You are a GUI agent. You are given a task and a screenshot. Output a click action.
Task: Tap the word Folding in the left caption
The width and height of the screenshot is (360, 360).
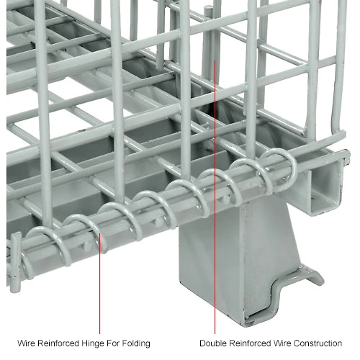click(136, 343)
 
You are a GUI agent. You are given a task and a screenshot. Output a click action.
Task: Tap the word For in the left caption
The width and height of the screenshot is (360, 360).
click(113, 343)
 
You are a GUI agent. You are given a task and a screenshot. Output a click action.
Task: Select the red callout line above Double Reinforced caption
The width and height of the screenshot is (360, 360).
click(215, 197)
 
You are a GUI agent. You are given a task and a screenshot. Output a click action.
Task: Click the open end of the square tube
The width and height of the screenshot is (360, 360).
click(325, 186)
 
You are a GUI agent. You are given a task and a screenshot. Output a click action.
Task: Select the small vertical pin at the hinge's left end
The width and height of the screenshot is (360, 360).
click(16, 261)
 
